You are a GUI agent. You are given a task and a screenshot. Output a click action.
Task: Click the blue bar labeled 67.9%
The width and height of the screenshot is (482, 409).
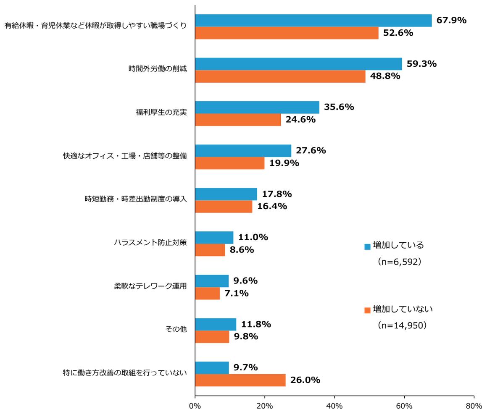[x=313, y=21]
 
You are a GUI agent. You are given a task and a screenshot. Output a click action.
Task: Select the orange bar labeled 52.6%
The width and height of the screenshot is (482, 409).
[x=287, y=33]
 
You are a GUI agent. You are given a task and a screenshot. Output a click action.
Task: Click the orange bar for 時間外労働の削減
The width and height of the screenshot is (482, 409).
[x=280, y=76]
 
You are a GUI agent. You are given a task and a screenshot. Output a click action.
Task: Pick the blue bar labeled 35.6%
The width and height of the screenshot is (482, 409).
[x=257, y=107]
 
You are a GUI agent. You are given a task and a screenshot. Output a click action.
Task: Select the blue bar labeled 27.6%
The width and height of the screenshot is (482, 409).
[x=243, y=151]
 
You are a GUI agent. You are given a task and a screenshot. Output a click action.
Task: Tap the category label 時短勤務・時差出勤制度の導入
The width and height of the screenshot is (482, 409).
[x=136, y=199]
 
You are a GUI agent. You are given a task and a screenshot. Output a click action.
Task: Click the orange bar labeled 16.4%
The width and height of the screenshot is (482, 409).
[x=224, y=206]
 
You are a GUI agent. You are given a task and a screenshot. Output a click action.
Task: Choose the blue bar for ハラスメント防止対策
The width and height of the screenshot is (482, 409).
[x=214, y=237]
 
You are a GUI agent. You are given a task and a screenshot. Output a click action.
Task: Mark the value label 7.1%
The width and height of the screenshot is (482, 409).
[x=236, y=293]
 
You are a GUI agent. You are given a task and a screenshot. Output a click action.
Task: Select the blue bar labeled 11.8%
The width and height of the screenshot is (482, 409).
[x=216, y=324]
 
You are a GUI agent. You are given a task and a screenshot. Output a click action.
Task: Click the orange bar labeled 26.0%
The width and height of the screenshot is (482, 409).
[x=240, y=380]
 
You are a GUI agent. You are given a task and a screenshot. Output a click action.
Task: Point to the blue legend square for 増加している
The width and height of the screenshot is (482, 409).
[x=367, y=246]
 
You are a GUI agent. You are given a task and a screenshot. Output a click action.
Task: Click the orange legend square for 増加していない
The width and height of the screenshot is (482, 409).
[x=367, y=310]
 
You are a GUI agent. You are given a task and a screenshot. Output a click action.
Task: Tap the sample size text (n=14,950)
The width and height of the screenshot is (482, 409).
[x=402, y=325]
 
